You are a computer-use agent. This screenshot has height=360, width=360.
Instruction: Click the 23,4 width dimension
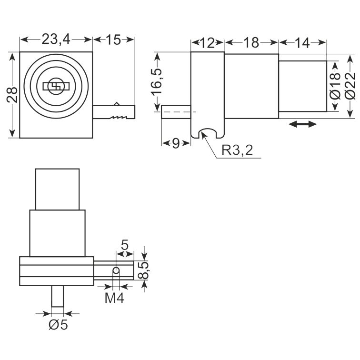[x=56, y=40]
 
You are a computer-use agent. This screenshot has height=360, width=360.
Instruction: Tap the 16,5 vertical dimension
[x=156, y=81]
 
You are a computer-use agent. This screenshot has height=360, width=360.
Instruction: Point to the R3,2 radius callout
[x=237, y=150]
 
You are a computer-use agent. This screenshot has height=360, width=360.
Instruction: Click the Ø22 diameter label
[x=350, y=86]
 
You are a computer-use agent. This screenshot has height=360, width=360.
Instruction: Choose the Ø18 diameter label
[x=335, y=86]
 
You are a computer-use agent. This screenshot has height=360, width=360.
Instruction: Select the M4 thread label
[x=114, y=298]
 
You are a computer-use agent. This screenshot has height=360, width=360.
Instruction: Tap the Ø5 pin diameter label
[x=58, y=325]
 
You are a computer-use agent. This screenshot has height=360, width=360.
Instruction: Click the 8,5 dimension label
[x=145, y=270]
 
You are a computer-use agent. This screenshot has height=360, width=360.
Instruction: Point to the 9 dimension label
[x=176, y=144]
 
